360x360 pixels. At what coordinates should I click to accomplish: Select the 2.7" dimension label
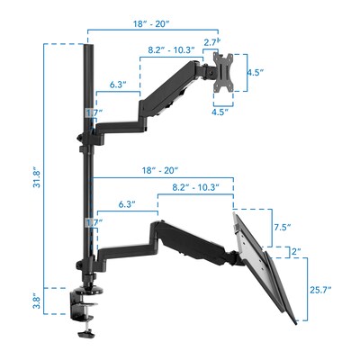(x=213, y=42)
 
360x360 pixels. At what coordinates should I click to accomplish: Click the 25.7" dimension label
(x=320, y=289)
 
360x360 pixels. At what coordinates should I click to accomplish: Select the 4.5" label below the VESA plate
(x=219, y=112)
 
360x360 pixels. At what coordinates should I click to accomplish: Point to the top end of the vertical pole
(x=88, y=45)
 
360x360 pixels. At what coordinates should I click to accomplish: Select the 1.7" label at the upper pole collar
(x=94, y=112)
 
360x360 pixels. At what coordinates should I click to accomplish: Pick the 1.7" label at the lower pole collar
(x=94, y=222)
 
